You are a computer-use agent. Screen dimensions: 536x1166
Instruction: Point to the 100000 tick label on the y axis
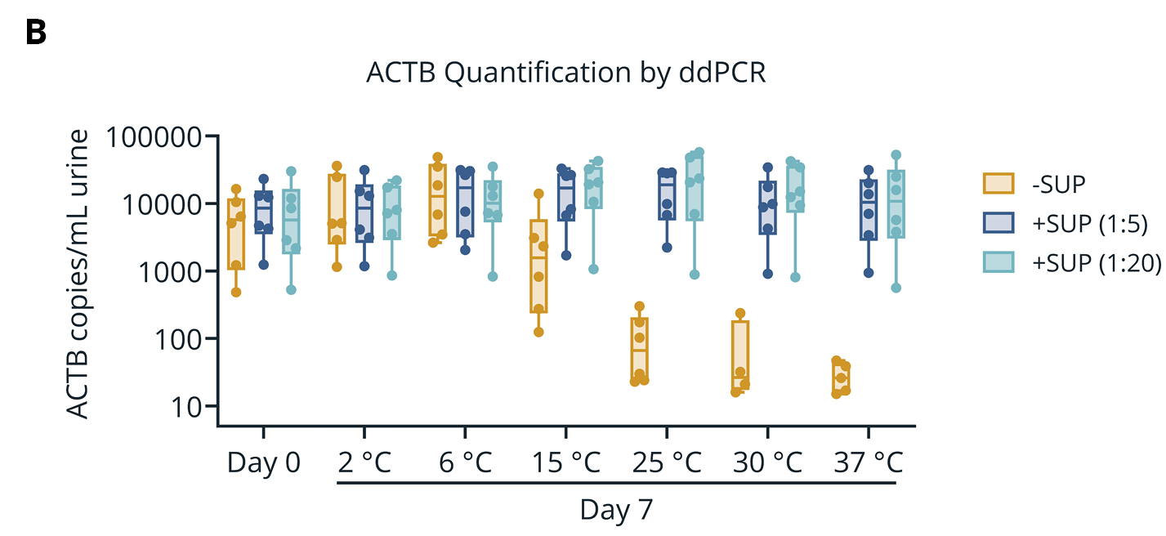click(x=154, y=137)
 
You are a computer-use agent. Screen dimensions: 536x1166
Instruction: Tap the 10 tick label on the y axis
click(x=191, y=406)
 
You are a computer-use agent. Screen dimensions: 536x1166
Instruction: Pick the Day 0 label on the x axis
click(x=263, y=462)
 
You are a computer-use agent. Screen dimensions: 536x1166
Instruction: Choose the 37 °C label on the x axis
click(x=868, y=462)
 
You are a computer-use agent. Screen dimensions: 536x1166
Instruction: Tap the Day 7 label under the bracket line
click(x=617, y=511)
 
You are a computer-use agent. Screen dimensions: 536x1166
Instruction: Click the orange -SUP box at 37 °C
click(x=841, y=378)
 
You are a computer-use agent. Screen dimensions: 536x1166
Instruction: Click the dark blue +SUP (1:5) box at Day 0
click(x=263, y=212)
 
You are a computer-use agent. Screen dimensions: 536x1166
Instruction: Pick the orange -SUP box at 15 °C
click(x=538, y=266)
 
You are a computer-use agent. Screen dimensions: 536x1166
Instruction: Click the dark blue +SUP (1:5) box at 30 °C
click(x=767, y=208)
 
